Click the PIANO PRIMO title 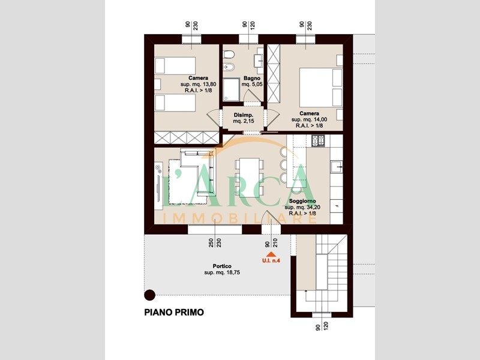click(x=174, y=312)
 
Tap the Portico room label click(x=222, y=266)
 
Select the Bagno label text click(x=251, y=79)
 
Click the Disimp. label click(x=244, y=115)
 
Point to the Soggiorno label click(x=302, y=201)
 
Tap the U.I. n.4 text click(x=271, y=261)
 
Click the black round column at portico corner click(x=149, y=295)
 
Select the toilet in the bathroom click(x=229, y=55)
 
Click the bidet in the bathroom click(x=229, y=66)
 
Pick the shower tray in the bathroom click(x=231, y=89)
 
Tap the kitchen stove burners click(x=318, y=141)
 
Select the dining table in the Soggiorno click(x=250, y=178)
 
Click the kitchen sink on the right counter click(x=337, y=167)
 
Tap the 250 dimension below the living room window click(x=211, y=243)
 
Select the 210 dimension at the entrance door click(x=275, y=243)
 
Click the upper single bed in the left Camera click(x=175, y=65)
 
